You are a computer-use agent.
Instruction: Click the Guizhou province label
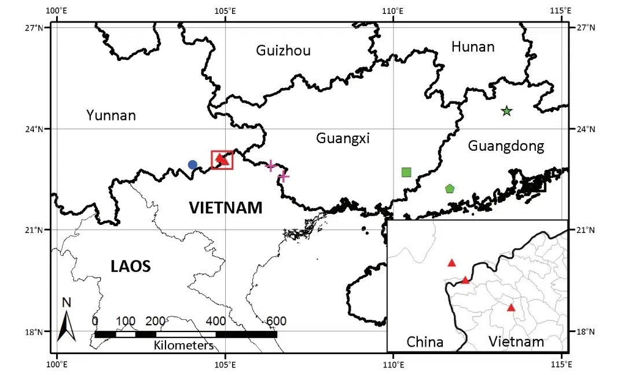283,50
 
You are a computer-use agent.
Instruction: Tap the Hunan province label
473,46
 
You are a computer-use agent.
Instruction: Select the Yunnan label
111,115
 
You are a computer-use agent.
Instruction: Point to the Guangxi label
343,138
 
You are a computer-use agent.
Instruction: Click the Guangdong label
506,145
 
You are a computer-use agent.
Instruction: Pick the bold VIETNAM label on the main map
226,207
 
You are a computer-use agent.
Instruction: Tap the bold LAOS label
130,266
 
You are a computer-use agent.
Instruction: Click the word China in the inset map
425,341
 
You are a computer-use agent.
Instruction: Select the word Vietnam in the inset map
516,341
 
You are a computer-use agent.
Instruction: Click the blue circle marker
193,165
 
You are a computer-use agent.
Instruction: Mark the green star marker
506,111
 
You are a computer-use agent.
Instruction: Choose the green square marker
406,172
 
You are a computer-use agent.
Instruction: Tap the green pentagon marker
450,188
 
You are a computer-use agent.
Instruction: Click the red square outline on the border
222,160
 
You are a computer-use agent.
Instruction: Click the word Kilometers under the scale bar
183,346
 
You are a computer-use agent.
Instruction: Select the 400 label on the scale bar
216,322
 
